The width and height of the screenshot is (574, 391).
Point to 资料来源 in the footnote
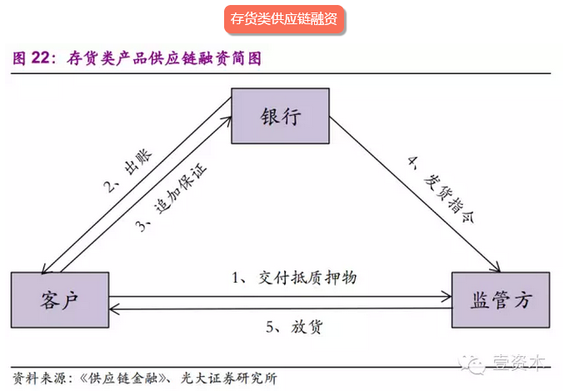click(32, 378)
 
